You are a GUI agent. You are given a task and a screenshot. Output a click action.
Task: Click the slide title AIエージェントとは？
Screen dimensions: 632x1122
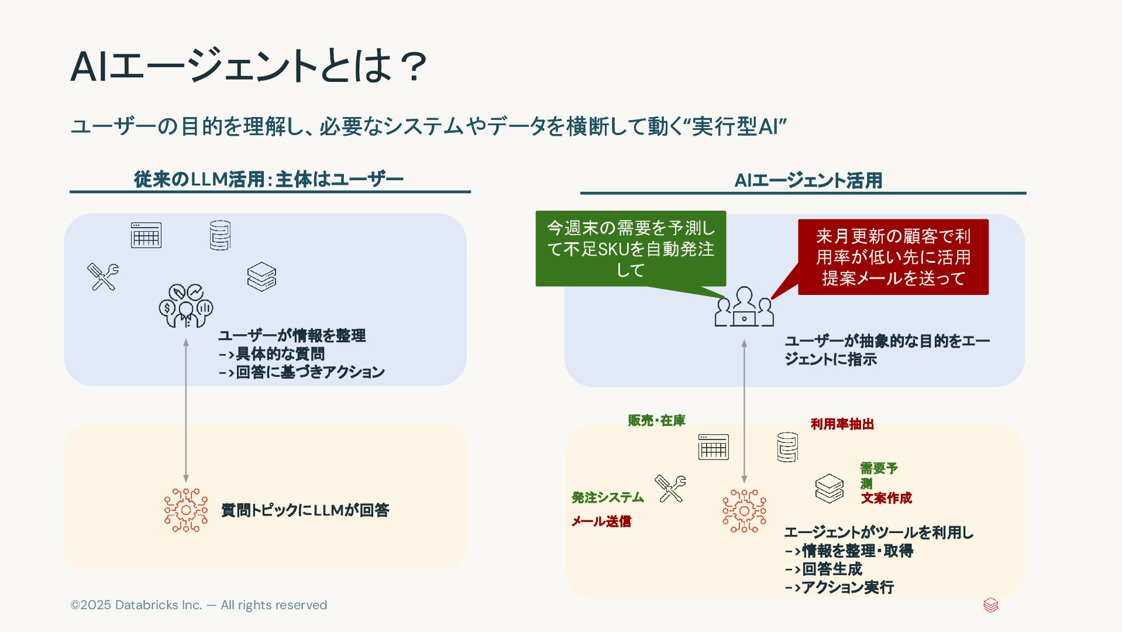point(249,66)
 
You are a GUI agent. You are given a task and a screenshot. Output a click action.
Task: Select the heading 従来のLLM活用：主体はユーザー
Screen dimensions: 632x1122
point(269,179)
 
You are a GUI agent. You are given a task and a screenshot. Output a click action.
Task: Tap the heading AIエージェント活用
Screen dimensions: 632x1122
point(808,180)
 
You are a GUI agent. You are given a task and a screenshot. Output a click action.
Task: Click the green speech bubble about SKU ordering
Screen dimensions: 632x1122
point(631,249)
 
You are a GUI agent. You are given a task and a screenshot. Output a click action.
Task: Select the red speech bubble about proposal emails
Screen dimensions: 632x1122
point(893,257)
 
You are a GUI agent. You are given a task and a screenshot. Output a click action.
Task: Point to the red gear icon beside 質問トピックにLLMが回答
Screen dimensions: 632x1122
point(186,510)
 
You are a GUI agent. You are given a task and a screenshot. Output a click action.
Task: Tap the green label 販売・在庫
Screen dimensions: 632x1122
point(656,420)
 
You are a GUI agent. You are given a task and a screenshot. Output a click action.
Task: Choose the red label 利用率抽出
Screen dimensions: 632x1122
point(842,424)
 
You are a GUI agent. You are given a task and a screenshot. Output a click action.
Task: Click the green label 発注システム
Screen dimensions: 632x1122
point(607,497)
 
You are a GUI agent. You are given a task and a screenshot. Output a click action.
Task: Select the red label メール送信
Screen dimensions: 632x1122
point(601,521)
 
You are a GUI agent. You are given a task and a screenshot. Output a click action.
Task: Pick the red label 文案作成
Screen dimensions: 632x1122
point(886,498)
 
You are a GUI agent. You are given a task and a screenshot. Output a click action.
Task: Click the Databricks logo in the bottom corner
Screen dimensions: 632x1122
point(990,605)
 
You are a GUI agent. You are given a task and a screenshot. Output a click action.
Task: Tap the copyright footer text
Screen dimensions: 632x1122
point(198,605)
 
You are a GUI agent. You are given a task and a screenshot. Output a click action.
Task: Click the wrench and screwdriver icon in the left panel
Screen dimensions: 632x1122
point(103,277)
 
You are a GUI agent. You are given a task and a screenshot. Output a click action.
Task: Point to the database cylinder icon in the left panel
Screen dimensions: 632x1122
point(220,235)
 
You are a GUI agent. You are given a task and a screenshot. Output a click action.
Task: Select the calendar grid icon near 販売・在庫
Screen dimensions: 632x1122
point(713,447)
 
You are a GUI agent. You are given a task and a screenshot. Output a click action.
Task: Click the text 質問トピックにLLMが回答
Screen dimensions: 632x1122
point(305,510)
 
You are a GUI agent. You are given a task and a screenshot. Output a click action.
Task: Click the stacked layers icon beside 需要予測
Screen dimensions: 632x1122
point(829,489)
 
